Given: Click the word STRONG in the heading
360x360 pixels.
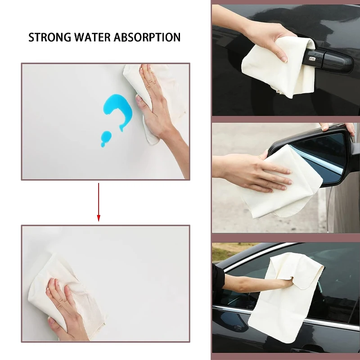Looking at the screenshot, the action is pyautogui.click(x=49, y=37).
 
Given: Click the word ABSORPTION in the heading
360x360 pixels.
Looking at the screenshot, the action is pyautogui.click(x=147, y=37).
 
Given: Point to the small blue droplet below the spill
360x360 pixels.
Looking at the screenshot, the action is pyautogui.click(x=106, y=138).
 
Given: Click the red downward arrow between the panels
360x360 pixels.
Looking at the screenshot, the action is pyautogui.click(x=99, y=202).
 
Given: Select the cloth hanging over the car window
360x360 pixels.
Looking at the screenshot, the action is pyautogui.click(x=285, y=296).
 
